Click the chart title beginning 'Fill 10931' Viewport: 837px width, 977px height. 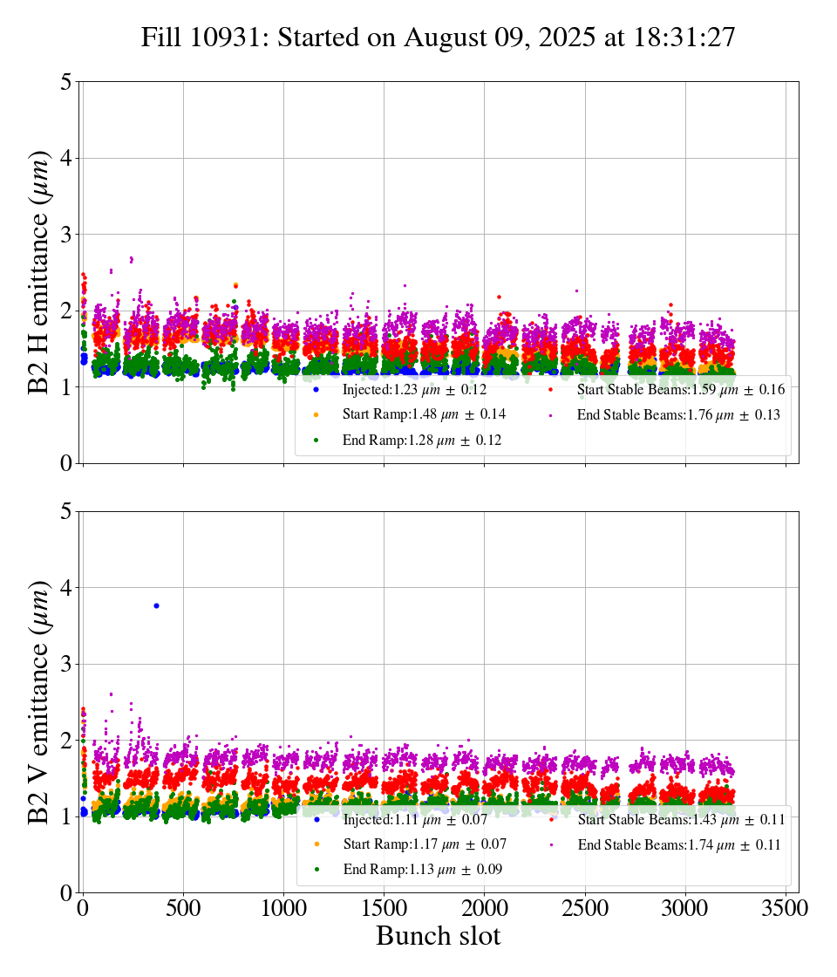tap(438, 38)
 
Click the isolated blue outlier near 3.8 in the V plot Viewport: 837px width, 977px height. tap(156, 605)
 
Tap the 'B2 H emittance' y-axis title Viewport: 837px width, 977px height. tap(40, 271)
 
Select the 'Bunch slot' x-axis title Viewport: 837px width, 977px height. tap(438, 936)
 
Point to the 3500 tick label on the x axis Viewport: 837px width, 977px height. tap(786, 907)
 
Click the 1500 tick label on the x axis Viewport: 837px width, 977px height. tap(384, 907)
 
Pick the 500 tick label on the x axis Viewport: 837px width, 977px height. tap(183, 907)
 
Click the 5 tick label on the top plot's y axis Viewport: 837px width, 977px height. tap(66, 82)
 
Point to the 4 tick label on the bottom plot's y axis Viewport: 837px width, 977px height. tap(66, 588)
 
